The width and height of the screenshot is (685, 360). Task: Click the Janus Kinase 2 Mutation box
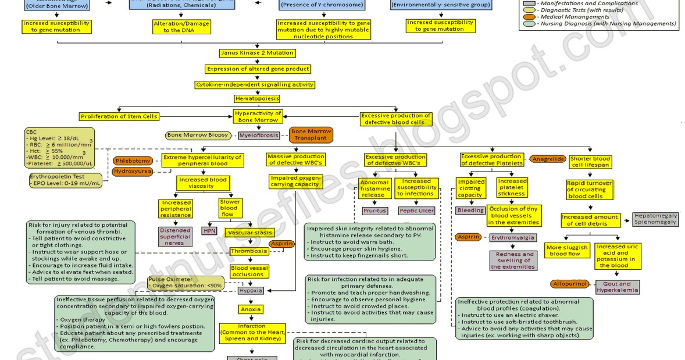pos(257,53)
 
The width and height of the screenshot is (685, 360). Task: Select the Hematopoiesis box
pos(257,99)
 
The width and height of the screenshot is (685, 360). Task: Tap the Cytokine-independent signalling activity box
pos(255,84)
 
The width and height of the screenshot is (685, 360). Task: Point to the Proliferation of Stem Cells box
pos(119,116)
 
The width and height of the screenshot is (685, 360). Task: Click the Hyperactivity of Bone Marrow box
pos(258,116)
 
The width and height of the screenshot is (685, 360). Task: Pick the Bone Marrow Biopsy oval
pos(198,136)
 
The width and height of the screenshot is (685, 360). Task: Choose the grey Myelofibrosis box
pos(258,136)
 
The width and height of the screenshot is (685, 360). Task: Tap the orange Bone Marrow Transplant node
pos(311,135)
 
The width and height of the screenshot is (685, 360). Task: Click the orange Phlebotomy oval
pos(133,161)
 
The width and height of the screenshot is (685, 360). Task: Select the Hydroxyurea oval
pos(133,172)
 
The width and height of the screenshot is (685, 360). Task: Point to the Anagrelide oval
pos(547,159)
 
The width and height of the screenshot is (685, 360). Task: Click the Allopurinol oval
pos(569,284)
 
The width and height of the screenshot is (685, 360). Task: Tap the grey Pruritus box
pos(374,211)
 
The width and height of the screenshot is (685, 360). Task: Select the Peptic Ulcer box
pos(416,211)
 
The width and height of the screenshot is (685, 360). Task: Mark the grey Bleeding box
pos(470,210)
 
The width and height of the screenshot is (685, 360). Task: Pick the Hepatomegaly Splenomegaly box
pos(655,219)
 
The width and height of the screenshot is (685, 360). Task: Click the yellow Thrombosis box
pos(249,251)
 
